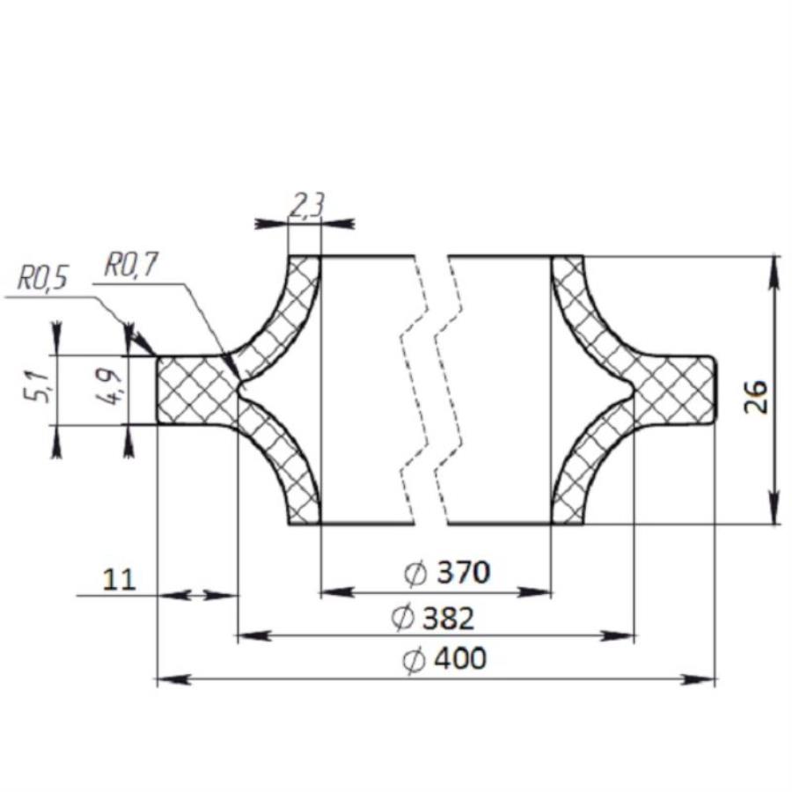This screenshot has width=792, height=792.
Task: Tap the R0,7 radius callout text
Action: coord(129,266)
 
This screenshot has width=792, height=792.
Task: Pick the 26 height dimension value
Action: coord(755,397)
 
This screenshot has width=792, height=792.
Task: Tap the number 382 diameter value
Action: coord(448,619)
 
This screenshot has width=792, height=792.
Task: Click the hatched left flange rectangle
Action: coord(195,390)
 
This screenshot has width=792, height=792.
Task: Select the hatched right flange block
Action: coord(673,390)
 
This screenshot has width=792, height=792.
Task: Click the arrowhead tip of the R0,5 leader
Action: coord(133,332)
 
